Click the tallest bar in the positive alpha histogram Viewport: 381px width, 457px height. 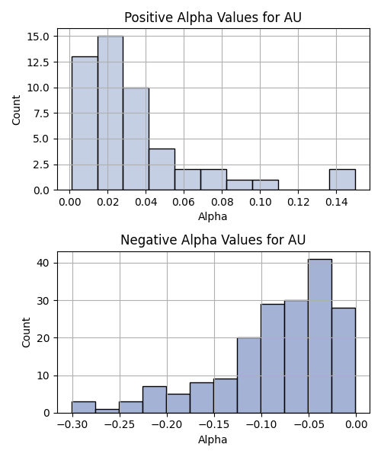tap(110, 113)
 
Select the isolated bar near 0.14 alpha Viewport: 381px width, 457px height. tap(342, 180)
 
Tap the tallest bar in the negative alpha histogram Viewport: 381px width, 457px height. tap(320, 336)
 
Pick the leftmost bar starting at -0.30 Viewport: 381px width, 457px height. tap(84, 407)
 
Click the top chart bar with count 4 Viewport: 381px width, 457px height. tap(162, 170)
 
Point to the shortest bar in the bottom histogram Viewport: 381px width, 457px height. tap(107, 411)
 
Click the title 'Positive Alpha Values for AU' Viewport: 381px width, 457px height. tap(213, 18)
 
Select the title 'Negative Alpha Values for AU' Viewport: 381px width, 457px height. tap(213, 240)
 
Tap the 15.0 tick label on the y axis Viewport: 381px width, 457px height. tap(38, 37)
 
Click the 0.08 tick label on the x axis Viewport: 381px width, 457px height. tap(223, 202)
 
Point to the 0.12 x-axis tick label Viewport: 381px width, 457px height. tap(298, 202)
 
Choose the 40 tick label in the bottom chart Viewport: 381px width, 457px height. tap(43, 264)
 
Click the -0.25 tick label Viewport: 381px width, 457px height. tap(120, 425)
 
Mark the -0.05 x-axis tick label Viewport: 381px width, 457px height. tap(309, 425)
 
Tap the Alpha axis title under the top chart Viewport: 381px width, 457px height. tap(213, 216)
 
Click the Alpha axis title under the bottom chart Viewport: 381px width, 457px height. tap(213, 439)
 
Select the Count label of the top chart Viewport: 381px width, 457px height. tap(16, 110)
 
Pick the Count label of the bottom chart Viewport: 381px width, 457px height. tap(26, 333)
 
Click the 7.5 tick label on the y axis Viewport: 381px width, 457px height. tap(41, 113)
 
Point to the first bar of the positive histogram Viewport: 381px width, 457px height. tap(85, 123)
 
